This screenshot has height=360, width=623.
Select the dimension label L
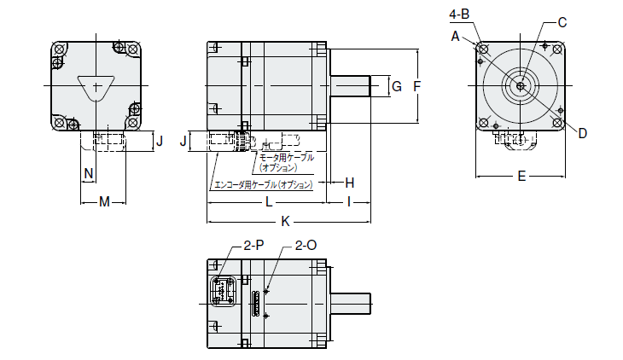tap(268, 202)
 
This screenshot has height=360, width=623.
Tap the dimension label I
tap(349, 202)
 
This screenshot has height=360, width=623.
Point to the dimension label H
tap(350, 183)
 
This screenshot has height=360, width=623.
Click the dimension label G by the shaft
tap(396, 85)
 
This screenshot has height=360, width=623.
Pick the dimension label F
tap(417, 85)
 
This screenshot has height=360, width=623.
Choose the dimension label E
tap(521, 177)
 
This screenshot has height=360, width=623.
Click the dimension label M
tap(104, 202)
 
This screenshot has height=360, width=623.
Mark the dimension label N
tap(87, 173)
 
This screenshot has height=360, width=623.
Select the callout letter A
tap(456, 36)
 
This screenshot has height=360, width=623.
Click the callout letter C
tap(562, 22)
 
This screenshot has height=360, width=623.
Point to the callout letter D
tap(582, 132)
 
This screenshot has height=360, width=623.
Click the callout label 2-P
tap(253, 245)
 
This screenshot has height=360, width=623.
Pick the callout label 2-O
tap(306, 245)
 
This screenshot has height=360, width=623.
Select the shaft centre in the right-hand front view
tap(521, 85)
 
